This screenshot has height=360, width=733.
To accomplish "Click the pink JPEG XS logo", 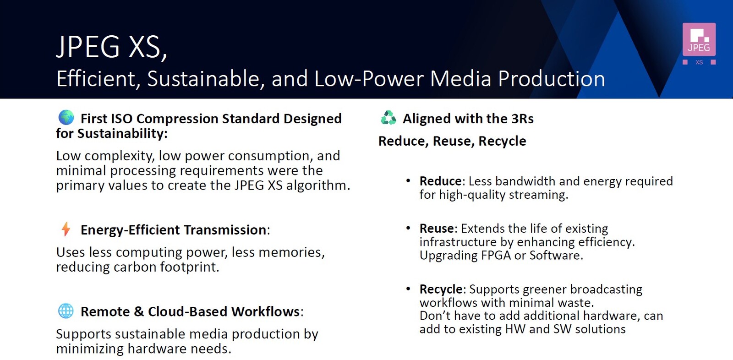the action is [699, 44].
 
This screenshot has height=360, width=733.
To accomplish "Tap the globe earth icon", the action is [66, 118].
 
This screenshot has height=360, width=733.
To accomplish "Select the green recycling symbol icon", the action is [388, 118].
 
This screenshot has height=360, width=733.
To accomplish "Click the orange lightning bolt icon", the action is [66, 229].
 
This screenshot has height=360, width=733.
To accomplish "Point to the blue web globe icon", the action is [66, 311].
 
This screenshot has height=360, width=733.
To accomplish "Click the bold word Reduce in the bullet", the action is [440, 181].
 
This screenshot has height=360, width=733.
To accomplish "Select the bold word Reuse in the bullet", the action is [437, 228].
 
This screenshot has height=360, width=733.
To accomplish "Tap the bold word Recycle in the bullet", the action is [441, 289].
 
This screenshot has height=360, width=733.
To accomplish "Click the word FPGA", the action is [496, 255].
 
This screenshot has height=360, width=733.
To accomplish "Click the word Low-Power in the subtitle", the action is [369, 79].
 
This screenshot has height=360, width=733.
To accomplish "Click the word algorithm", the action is [318, 185].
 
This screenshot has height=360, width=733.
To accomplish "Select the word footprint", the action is [189, 267].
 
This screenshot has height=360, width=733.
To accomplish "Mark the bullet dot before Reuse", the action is [408, 228].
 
